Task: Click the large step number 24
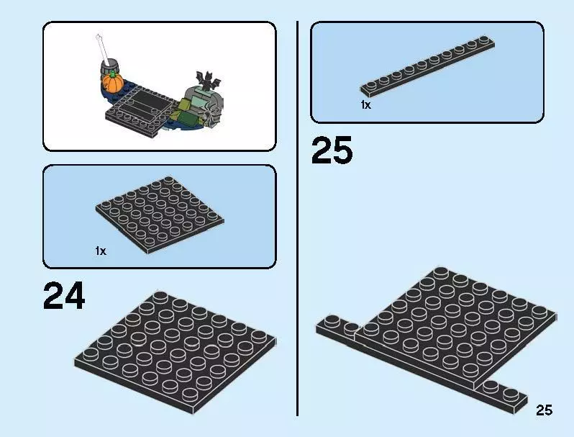64,296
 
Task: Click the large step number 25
332,150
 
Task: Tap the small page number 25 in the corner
544,410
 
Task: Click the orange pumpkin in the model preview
112,83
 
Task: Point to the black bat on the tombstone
209,81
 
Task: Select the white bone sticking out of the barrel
102,48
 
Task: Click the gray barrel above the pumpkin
109,68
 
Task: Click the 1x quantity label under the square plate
101,251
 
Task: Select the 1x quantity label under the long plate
365,105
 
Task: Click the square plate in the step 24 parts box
160,215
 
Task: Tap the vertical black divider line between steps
297,218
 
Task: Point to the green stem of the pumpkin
113,75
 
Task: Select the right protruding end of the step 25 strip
501,396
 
